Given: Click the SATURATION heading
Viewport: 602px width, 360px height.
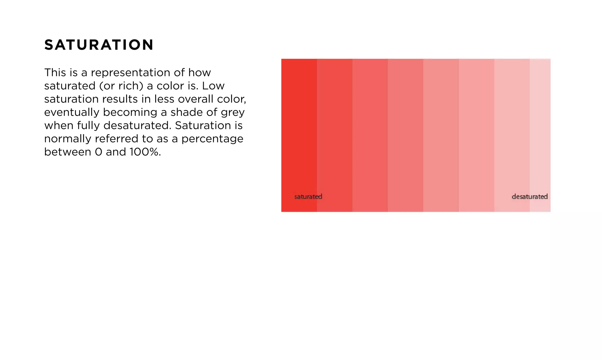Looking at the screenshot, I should [99, 45].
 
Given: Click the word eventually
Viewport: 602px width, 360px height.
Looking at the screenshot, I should [71, 112].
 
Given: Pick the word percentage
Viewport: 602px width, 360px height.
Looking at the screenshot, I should [212, 139].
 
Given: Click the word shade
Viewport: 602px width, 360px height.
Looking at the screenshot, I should [185, 112].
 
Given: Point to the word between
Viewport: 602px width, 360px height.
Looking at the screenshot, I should [68, 152].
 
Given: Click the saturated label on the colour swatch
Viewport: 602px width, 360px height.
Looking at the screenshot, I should [308, 196].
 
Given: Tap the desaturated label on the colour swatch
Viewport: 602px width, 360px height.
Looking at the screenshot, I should [529, 196].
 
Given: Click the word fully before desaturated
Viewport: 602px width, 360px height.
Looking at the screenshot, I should [88, 126].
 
